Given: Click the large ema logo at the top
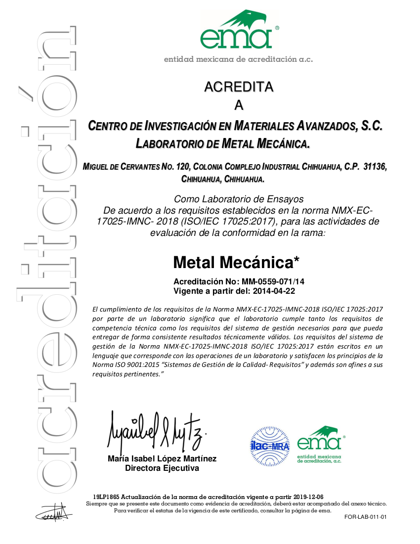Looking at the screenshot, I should pyautogui.click(x=239, y=31).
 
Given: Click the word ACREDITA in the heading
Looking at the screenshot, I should pyautogui.click(x=239, y=87).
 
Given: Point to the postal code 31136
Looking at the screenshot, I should pyautogui.click(x=375, y=167).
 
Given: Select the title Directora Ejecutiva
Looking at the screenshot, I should pyautogui.click(x=162, y=468).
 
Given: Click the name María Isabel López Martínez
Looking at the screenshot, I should pyautogui.click(x=162, y=459).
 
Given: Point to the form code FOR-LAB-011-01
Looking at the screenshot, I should pyautogui.click(x=365, y=517).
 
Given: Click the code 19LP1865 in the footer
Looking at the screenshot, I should pyautogui.click(x=106, y=497).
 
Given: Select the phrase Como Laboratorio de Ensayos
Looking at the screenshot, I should pyautogui.click(x=239, y=199).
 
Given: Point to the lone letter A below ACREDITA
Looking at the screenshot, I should pyautogui.click(x=239, y=105).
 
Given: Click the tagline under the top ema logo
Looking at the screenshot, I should pyautogui.click(x=239, y=59).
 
